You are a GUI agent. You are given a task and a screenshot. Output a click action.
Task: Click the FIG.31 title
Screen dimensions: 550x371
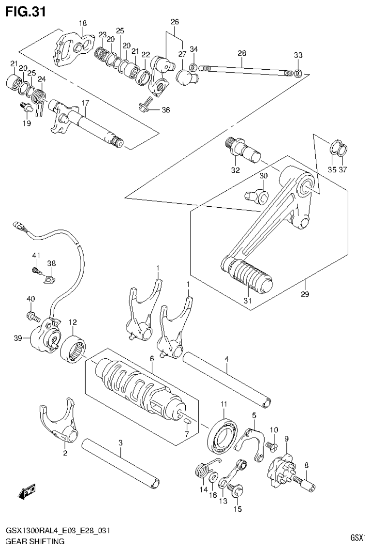click(x=25, y=12)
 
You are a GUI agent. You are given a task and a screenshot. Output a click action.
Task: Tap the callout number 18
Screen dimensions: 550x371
click(x=83, y=23)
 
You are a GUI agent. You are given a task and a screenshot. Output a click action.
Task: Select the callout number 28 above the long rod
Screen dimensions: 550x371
click(x=242, y=53)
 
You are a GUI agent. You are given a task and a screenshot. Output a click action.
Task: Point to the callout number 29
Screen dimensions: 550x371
click(x=305, y=294)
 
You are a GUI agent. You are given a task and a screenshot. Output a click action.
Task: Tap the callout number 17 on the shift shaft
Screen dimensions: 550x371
click(x=85, y=103)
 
